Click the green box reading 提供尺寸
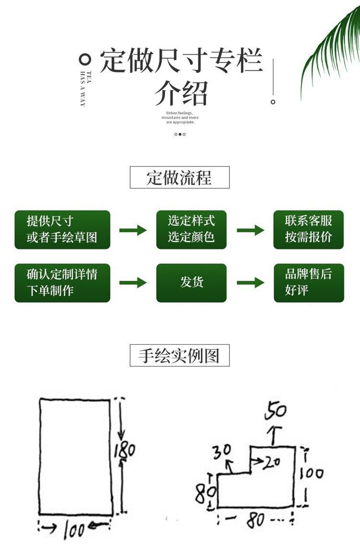(62, 229)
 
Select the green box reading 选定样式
(192, 229)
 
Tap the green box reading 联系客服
(309, 229)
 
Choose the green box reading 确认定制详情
(62, 283)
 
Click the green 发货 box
(192, 283)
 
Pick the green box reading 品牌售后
(309, 283)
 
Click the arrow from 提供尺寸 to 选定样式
(133, 230)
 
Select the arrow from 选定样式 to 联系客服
(250, 230)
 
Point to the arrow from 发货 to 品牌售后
(250, 283)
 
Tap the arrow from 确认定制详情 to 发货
(133, 283)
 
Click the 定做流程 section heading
(180, 178)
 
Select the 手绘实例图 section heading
(180, 356)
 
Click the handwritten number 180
(124, 451)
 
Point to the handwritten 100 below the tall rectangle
(74, 530)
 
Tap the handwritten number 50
(276, 411)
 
